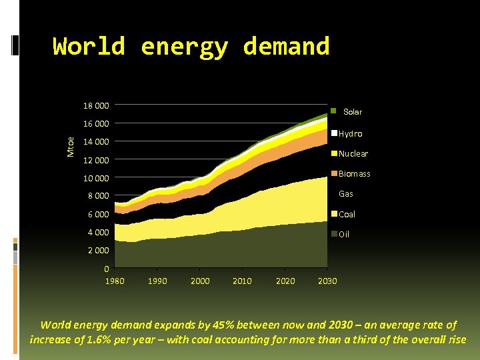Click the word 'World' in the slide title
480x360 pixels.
point(89,47)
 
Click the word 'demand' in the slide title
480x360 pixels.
point(286,47)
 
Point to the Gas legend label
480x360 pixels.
point(346,194)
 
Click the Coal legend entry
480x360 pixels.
point(347,214)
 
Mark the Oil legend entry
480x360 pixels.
point(344,234)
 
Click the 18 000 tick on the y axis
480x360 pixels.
point(96,105)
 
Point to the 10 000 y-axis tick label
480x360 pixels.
point(96,178)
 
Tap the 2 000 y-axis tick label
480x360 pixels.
point(98,251)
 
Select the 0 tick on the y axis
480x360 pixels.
point(107,269)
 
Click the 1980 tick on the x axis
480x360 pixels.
point(115,281)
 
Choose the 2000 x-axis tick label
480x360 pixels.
point(200,281)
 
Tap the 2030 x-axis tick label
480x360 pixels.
point(327,281)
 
